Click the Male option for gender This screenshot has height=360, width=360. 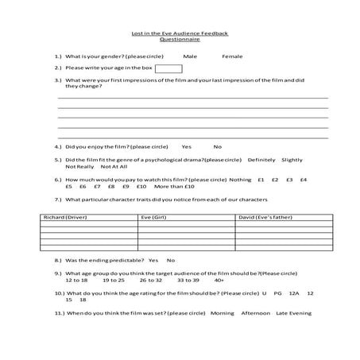pyautogui.click(x=190, y=56)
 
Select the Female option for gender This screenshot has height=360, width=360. pyautogui.click(x=232, y=56)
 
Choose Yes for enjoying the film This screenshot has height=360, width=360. pyautogui.click(x=186, y=146)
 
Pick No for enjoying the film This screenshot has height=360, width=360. pyautogui.click(x=218, y=146)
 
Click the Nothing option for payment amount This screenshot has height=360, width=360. pyautogui.click(x=240, y=180)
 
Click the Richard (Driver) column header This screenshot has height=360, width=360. pyautogui.click(x=66, y=216)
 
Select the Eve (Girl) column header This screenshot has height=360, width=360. pyautogui.click(x=153, y=216)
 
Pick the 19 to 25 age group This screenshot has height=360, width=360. pyautogui.click(x=114, y=280)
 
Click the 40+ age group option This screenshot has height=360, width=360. pyautogui.click(x=219, y=280)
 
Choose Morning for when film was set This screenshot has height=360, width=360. pyautogui.click(x=223, y=313)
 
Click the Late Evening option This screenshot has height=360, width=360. pyautogui.click(x=294, y=313)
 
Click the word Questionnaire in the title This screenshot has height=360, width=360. pyautogui.click(x=180, y=39)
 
